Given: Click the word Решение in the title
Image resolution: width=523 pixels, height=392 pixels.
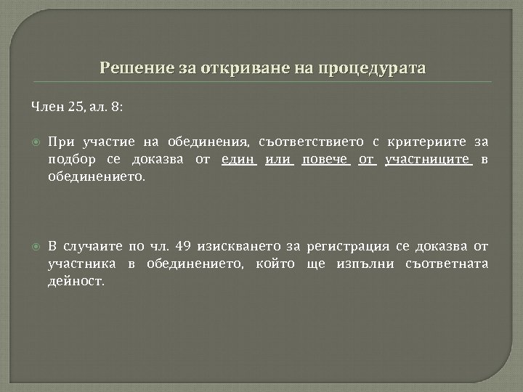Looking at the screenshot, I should [x=130, y=69].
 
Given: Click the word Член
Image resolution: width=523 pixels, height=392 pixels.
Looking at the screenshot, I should [x=47, y=107].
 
